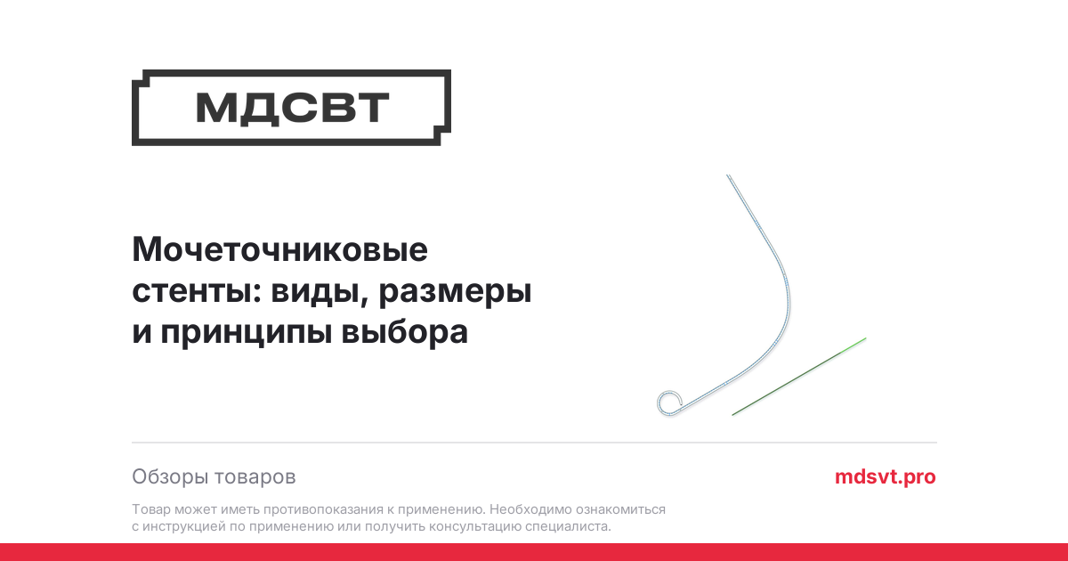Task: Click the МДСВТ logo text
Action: pyautogui.click(x=292, y=108)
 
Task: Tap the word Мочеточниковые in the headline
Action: pyautogui.click(x=279, y=249)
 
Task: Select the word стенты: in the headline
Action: pyautogui.click(x=197, y=290)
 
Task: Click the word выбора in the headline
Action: pyautogui.click(x=405, y=331)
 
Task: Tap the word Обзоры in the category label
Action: pyautogui.click(x=169, y=477)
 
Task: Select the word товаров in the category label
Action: pyautogui.click(x=255, y=477)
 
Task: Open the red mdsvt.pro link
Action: pyautogui.click(x=886, y=477)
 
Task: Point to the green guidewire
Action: pyautogui.click(x=799, y=377)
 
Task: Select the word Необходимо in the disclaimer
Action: pyautogui.click(x=530, y=509)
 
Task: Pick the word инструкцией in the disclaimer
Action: pyautogui.click(x=184, y=526)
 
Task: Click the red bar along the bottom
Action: pyautogui.click(x=534, y=552)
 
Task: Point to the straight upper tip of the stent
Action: pyautogui.click(x=728, y=175)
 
